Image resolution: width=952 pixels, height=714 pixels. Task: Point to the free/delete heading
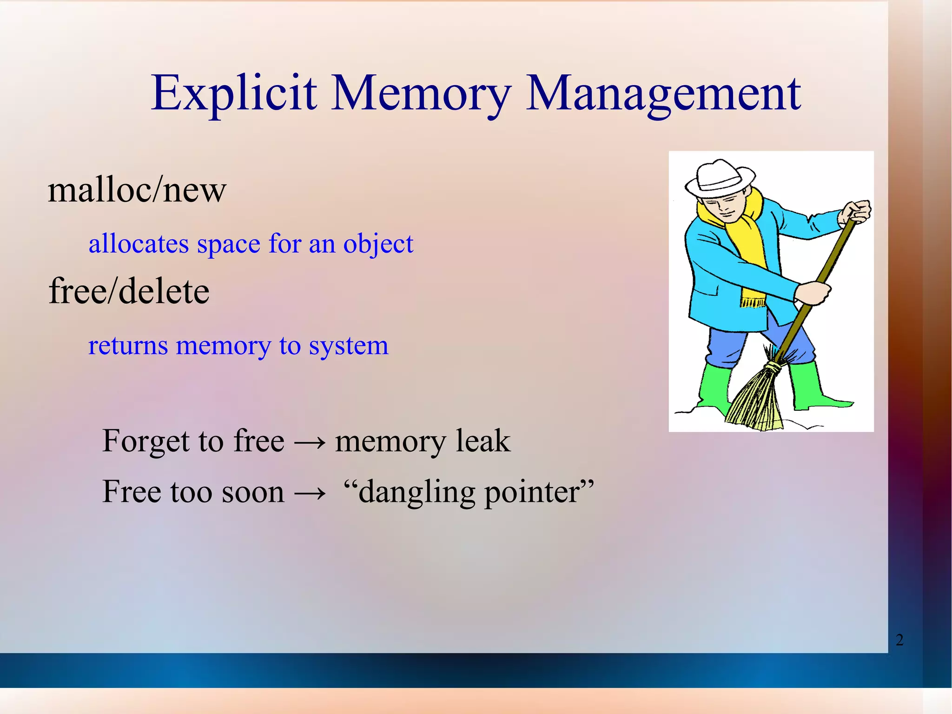point(129,291)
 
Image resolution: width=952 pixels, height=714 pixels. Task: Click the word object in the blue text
point(378,244)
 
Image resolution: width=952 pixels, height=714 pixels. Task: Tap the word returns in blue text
point(128,346)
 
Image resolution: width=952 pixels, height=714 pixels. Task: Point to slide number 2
point(899,640)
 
